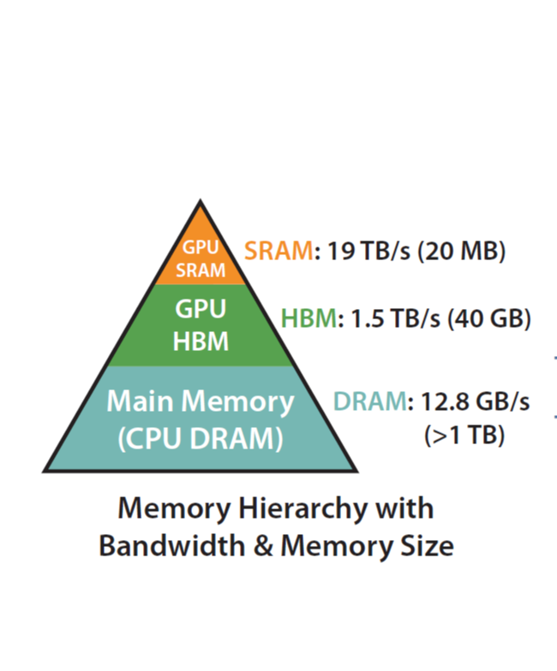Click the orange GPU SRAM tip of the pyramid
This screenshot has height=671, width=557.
pyautogui.click(x=201, y=257)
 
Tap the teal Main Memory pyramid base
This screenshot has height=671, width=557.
pyautogui.click(x=201, y=419)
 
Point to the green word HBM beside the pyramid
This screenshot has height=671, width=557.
pyautogui.click(x=308, y=320)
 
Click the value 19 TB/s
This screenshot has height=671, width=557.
pyautogui.click(x=360, y=252)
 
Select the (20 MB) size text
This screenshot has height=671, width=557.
pyautogui.click(x=462, y=252)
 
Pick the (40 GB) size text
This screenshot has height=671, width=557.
pyautogui.click(x=491, y=320)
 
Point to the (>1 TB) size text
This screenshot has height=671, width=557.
pyautogui.click(x=464, y=435)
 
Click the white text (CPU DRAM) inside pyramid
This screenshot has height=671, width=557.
pyautogui.click(x=201, y=438)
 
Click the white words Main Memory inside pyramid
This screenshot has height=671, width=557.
pyautogui.click(x=201, y=401)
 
